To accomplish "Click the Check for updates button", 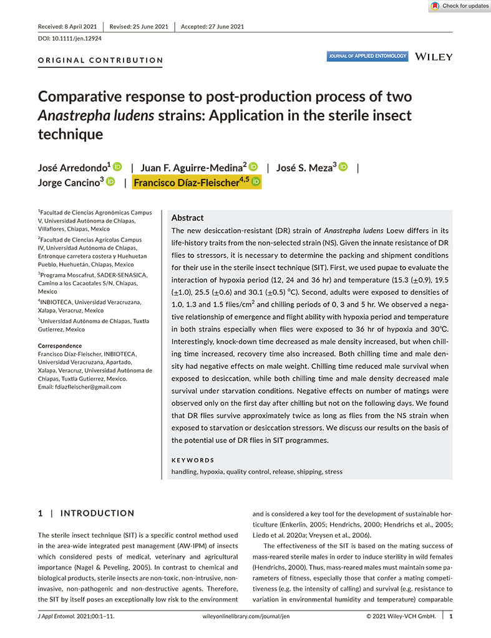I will (460, 6).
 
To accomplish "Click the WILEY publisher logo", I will (434, 57).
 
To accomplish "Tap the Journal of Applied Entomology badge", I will (367, 57).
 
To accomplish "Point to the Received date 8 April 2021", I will (67, 26).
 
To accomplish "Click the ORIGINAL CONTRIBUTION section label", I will (100, 60).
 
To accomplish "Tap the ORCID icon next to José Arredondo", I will (117, 167).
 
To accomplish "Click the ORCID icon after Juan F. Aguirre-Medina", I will (253, 167).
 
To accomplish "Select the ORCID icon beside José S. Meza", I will (343, 167).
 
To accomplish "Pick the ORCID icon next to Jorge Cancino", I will (110, 182).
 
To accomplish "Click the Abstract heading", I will (187, 218).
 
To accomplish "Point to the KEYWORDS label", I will (193, 460).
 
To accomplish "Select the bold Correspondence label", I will (60, 346).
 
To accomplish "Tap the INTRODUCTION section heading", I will (97, 513).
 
